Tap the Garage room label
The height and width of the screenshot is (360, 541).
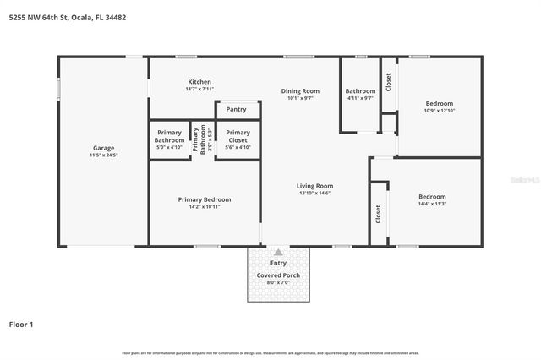103,148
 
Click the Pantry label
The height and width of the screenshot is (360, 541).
237,109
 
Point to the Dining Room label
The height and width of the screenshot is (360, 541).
300,90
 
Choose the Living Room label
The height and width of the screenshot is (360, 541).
314,186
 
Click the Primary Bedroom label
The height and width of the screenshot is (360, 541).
204,199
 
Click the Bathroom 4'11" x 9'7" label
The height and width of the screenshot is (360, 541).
360,90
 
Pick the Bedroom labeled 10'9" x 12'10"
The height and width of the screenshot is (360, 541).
438,103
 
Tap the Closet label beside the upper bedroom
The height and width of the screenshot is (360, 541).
388,82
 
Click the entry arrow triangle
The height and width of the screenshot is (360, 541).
278,252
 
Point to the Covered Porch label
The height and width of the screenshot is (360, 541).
278,275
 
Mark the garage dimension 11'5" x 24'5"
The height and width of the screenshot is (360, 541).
103,155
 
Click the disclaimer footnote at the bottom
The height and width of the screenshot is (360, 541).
270,352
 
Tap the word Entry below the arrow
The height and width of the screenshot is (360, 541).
278,263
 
